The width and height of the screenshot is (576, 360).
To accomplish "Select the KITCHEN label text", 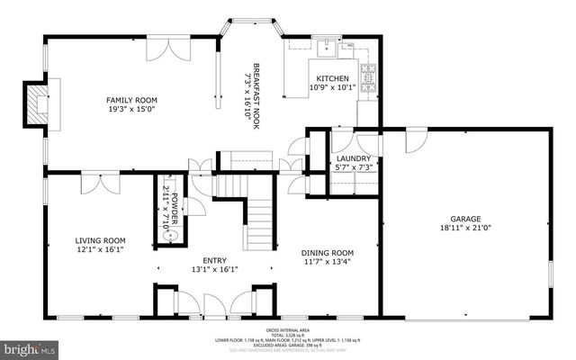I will (x=333, y=78).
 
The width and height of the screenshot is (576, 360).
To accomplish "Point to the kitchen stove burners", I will (x=368, y=73).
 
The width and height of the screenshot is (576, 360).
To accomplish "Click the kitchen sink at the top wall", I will (x=325, y=47).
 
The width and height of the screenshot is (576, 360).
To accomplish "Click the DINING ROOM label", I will (x=327, y=253).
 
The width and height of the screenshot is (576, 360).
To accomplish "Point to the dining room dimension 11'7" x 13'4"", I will (x=327, y=263).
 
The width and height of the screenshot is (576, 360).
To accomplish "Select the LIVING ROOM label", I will (x=100, y=240).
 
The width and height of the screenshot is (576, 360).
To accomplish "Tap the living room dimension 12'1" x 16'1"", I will (x=100, y=250).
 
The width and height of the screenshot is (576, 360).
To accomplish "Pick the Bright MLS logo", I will (x=29, y=346).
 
